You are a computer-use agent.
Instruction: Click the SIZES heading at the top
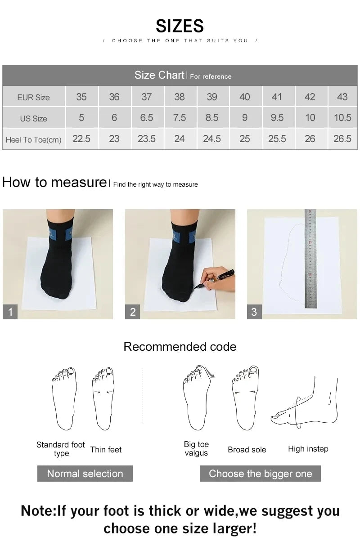(x=180, y=26)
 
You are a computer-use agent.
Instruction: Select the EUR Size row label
(x=34, y=97)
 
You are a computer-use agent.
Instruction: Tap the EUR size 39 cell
(x=211, y=97)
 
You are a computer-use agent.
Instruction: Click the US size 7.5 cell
(x=179, y=118)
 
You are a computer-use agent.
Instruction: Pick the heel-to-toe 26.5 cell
(x=342, y=139)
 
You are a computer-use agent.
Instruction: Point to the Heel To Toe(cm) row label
(x=34, y=140)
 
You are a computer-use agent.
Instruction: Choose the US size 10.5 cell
(x=342, y=118)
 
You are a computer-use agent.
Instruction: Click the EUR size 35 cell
(x=81, y=97)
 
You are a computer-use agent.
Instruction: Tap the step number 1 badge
(x=10, y=312)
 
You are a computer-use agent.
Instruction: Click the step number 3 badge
(x=254, y=312)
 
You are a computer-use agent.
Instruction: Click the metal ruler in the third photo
(x=310, y=259)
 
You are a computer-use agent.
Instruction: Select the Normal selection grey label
(x=85, y=474)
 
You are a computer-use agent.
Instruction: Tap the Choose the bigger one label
(x=260, y=474)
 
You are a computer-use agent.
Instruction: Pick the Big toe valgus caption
(x=196, y=448)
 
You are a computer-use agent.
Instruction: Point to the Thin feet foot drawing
(x=103, y=398)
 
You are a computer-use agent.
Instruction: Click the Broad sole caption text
(x=247, y=450)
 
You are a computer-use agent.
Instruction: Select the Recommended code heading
(x=180, y=347)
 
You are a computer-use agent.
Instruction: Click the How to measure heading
(x=54, y=183)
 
